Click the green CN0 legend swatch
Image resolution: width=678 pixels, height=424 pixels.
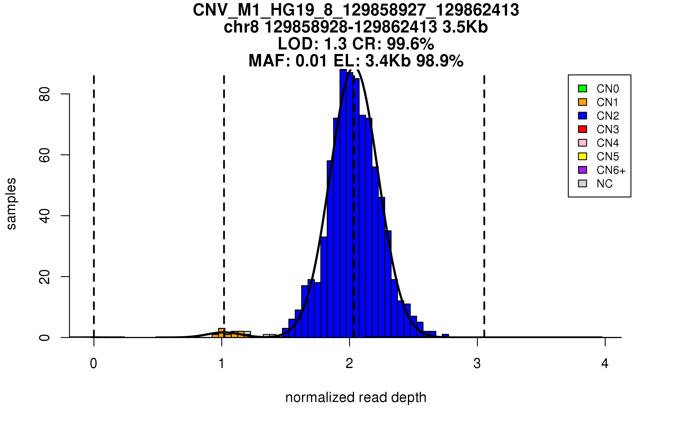[583, 88]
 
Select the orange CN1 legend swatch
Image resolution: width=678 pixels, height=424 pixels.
[583, 102]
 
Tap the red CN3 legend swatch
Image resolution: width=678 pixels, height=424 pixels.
[583, 129]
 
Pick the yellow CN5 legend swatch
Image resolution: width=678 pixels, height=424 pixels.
[583, 156]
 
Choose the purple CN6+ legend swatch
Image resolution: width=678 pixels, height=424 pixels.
[583, 170]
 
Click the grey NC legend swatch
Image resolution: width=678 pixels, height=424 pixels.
[583, 183]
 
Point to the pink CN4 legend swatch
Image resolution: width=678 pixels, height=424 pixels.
[583, 143]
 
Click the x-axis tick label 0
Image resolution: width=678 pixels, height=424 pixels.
[94, 364]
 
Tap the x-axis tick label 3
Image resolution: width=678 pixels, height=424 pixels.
[477, 364]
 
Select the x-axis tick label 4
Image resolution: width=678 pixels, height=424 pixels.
[605, 364]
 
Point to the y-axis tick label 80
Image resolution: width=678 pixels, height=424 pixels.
[45, 94]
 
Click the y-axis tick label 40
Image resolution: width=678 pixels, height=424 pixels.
[45, 216]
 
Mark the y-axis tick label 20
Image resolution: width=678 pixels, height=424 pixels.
[45, 277]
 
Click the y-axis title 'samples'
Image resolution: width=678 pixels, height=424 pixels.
[11, 204]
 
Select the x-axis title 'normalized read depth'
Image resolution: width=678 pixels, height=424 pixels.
[356, 397]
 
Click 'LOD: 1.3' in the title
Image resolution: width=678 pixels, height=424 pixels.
[312, 44]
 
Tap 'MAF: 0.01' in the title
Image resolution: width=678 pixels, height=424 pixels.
[288, 61]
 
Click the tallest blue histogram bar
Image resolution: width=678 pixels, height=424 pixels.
[343, 204]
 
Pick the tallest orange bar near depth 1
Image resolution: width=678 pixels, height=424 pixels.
[222, 333]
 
